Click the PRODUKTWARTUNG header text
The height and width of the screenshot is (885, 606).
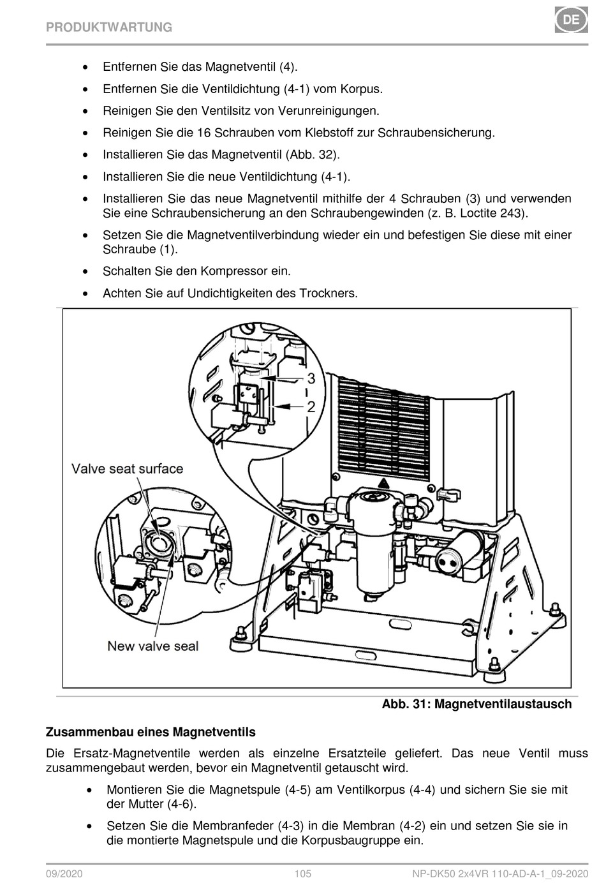(109, 27)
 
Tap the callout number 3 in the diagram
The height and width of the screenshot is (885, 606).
(311, 378)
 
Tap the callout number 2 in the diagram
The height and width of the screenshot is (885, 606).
(311, 406)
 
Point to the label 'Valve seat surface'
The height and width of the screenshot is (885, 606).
(127, 469)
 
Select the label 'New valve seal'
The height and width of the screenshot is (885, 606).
(153, 646)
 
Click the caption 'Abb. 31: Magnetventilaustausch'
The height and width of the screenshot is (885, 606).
(477, 704)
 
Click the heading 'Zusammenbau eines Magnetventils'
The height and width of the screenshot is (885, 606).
(151, 732)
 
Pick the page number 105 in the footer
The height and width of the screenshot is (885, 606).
(302, 874)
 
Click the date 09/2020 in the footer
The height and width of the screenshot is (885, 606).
(64, 874)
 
